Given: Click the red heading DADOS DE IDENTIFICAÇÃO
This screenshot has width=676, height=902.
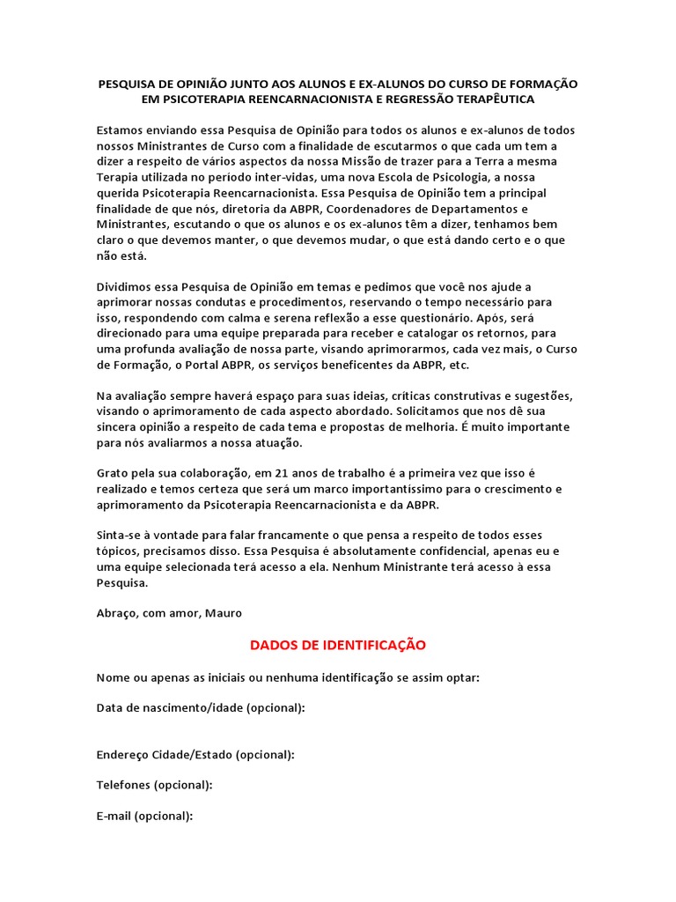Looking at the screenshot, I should coord(338,645).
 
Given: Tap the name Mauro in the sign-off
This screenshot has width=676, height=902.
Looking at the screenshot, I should coord(224,612).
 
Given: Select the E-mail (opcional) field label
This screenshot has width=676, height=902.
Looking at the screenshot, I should coord(144,816).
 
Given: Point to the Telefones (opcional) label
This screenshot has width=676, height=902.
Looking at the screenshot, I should coord(154,785).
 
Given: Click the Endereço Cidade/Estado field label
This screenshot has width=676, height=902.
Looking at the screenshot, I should coord(195,754).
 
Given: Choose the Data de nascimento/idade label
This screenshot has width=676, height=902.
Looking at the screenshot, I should coord(201,707).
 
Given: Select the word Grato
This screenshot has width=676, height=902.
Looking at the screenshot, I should coord(114,473).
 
